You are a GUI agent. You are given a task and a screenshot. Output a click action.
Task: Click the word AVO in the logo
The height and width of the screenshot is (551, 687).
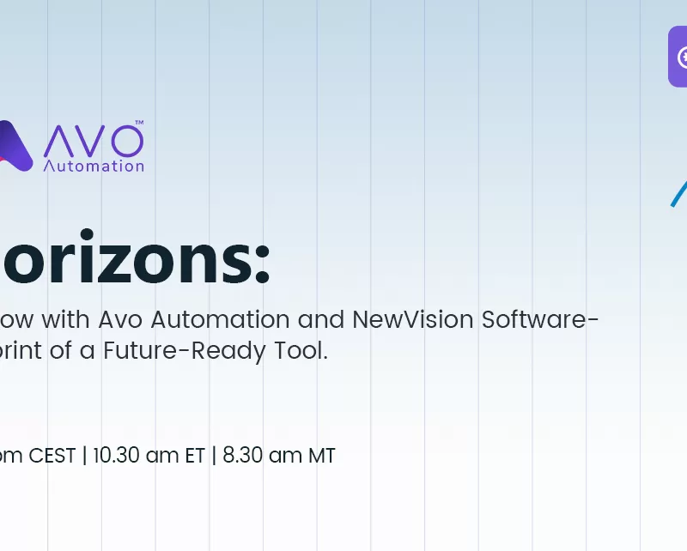pos(93,140)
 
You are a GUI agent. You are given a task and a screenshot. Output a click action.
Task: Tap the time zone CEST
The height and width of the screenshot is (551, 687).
pos(52,456)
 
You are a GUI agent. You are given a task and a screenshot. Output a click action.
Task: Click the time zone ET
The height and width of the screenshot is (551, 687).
pos(195,456)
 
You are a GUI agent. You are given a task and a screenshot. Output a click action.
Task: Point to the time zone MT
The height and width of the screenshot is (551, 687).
pos(322,456)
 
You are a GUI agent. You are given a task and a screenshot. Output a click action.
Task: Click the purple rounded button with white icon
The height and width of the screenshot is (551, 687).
pos(678,57)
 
